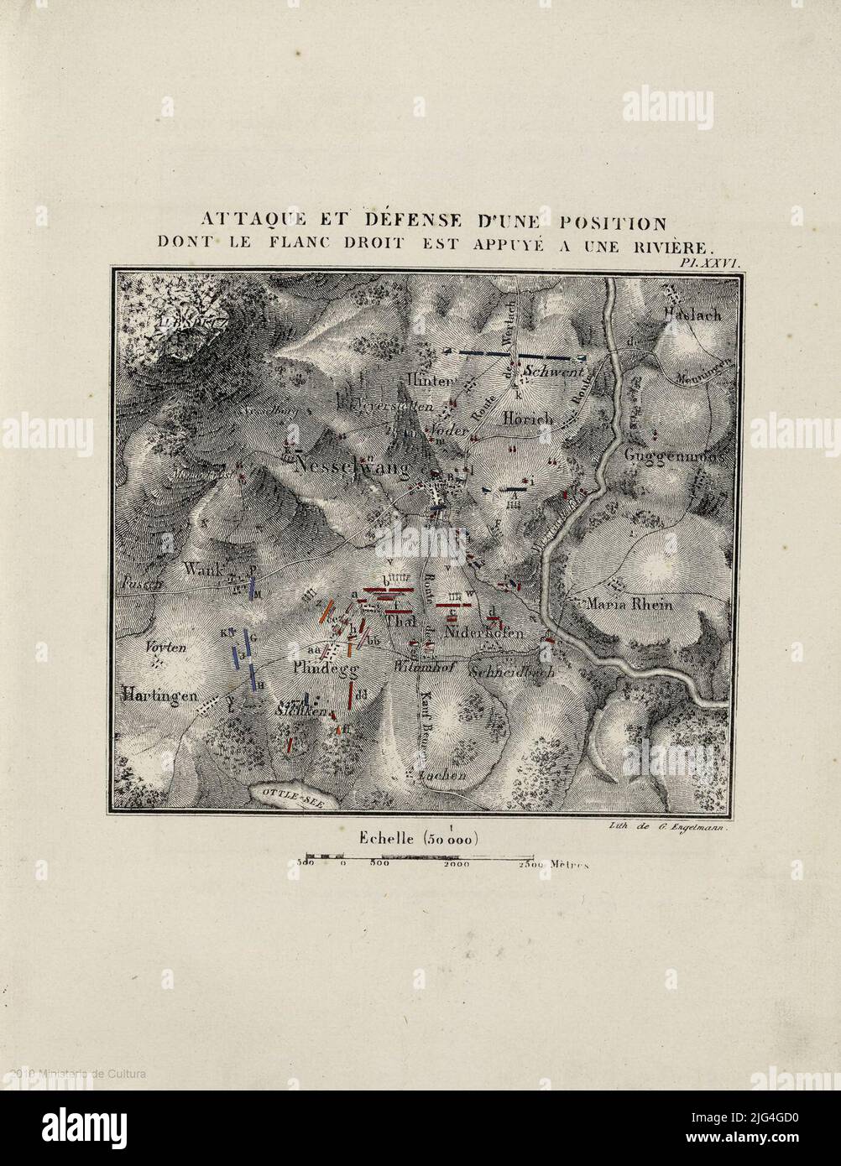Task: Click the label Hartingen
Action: (x=159, y=695)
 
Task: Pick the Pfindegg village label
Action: (x=326, y=669)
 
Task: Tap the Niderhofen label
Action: (x=484, y=632)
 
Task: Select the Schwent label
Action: (x=552, y=371)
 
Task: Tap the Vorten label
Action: (x=165, y=647)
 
